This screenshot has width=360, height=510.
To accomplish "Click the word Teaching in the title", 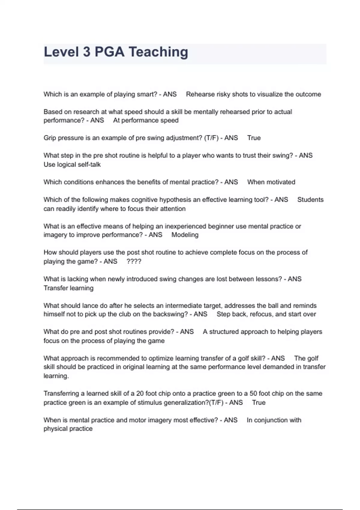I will [158, 52].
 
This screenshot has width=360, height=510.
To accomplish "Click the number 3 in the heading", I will [86, 52].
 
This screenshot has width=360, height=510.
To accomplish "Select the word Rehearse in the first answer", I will [199, 94].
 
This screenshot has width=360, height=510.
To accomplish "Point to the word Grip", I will [49, 138].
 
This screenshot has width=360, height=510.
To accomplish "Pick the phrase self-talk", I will [89, 164].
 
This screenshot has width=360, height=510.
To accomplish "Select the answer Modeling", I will [185, 235].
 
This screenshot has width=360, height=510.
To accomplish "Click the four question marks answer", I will [134, 262].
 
